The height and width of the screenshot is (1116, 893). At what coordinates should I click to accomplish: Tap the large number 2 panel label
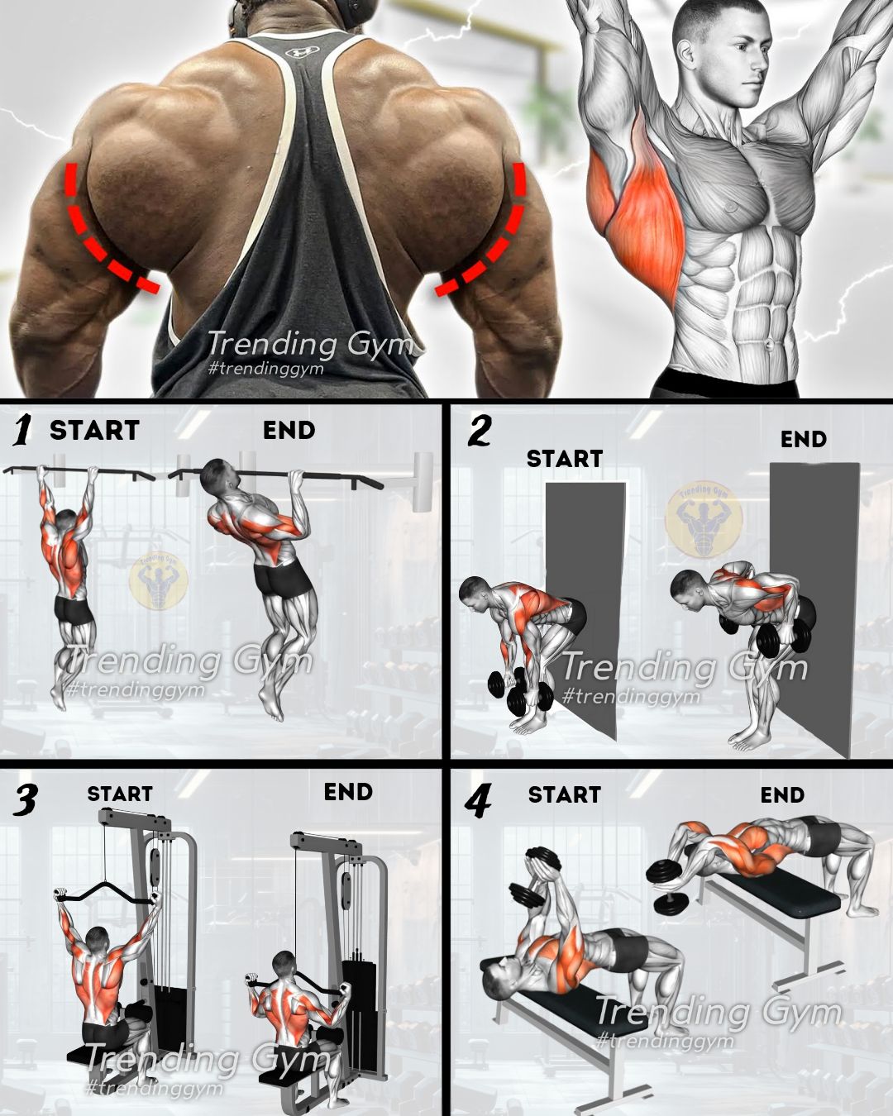[x=479, y=432]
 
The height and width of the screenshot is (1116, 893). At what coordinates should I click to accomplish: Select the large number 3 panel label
[x=24, y=799]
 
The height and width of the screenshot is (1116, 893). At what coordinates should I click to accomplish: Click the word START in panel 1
[x=94, y=430]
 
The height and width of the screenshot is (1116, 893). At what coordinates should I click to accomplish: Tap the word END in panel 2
[x=803, y=439]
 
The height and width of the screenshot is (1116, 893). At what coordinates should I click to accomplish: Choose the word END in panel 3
[x=348, y=792]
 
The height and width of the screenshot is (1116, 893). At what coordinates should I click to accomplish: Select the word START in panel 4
[x=564, y=794]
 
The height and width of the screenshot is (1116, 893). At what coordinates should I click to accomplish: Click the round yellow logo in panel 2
[x=704, y=519]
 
